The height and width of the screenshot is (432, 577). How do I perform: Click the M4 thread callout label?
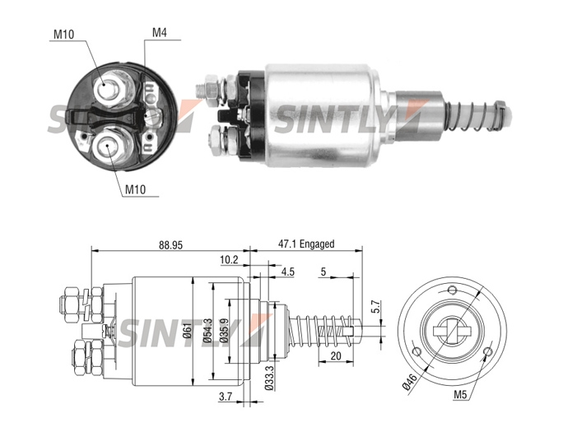[160, 33]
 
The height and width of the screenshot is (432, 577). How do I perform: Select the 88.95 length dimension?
[170, 245]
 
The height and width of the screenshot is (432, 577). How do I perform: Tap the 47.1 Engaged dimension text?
[306, 244]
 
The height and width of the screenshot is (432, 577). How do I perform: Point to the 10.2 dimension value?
[229, 260]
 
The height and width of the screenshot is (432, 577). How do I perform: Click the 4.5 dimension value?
[288, 272]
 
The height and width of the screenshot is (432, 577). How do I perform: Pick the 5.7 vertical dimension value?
[375, 307]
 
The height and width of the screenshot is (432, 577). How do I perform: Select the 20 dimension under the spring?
[336, 355]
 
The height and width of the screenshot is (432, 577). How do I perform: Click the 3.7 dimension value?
[226, 397]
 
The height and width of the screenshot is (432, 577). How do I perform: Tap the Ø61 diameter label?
[187, 330]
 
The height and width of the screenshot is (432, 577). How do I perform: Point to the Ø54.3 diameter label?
[207, 331]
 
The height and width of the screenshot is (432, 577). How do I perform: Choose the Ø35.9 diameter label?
[224, 330]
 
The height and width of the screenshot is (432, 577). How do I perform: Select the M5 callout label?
[460, 395]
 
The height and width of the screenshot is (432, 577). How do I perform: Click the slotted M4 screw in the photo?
[152, 118]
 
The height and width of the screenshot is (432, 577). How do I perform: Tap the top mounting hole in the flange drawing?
[452, 289]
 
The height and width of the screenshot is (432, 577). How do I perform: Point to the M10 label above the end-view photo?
[63, 35]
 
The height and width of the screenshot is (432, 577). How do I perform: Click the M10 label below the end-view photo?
[136, 189]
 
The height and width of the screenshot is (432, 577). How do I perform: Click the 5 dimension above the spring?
[323, 272]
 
